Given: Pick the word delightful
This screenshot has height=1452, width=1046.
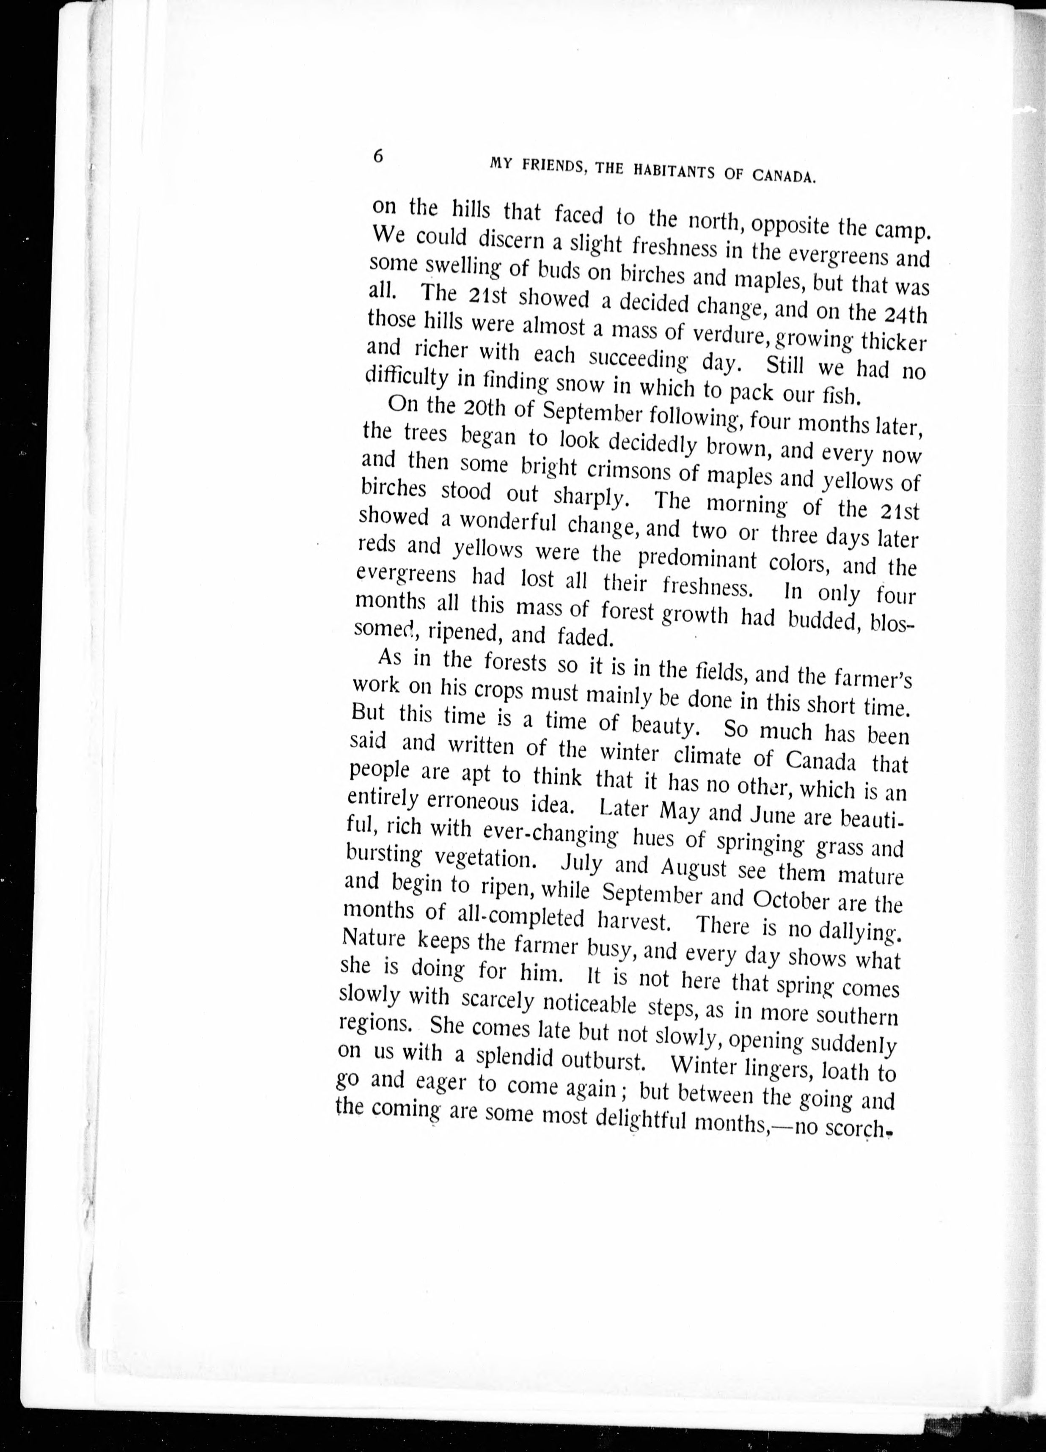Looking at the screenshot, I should (x=650, y=1117).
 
